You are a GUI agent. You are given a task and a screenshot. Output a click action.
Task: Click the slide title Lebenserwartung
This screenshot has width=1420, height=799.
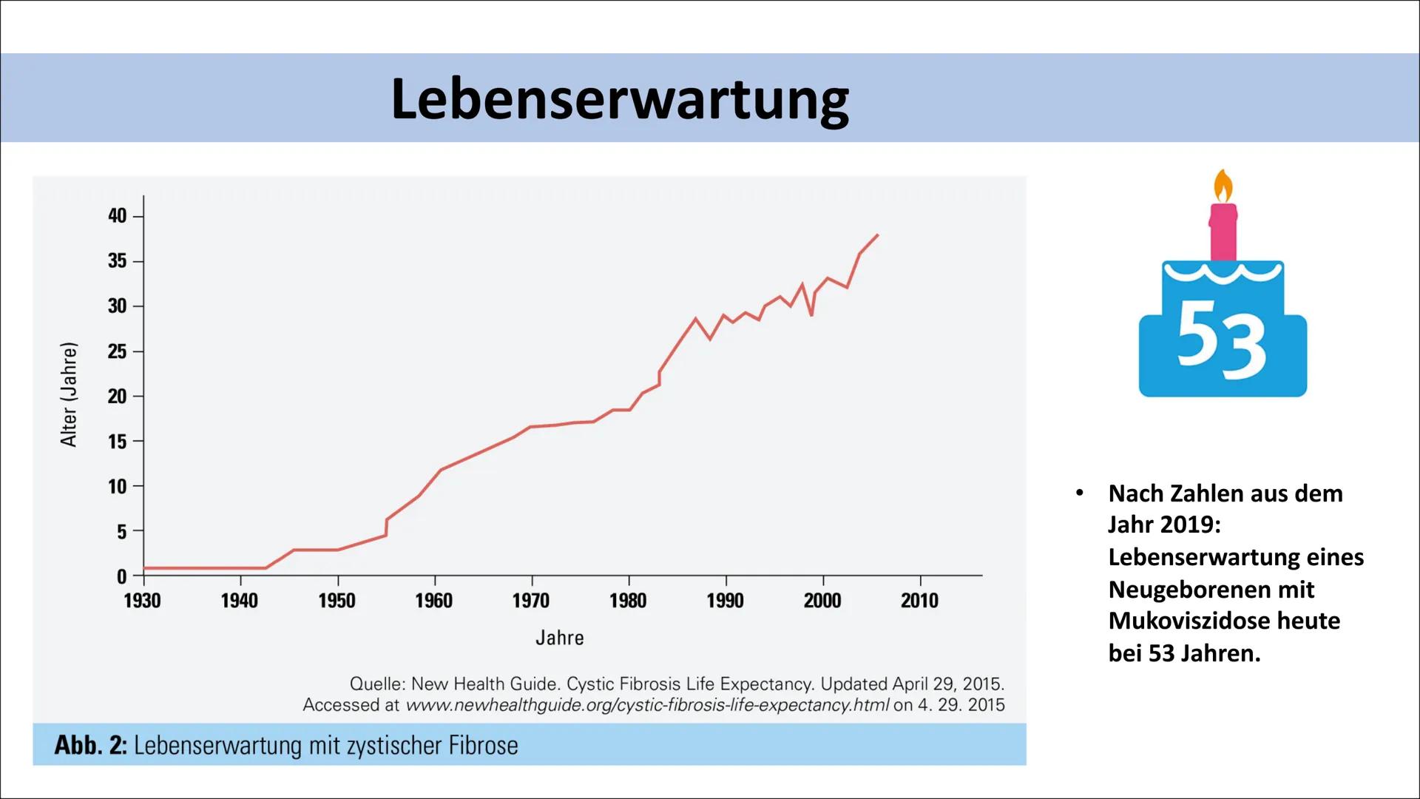620,100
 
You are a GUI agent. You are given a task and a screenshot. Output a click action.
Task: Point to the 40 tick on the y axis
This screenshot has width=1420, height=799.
118,216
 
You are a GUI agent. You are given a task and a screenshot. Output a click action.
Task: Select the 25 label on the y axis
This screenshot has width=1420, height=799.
118,351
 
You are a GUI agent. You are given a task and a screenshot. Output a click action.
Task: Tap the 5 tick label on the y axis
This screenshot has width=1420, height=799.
121,532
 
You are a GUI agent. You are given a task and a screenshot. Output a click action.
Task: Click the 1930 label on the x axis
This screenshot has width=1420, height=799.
143,601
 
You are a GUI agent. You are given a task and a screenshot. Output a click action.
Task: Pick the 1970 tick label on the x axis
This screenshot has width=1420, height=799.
531,601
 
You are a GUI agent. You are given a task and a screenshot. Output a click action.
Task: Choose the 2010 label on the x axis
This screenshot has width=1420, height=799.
919,601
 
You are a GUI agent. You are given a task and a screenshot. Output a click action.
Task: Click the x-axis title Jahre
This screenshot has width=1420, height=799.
560,638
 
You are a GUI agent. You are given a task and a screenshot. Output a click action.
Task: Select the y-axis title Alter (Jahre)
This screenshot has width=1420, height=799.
69,394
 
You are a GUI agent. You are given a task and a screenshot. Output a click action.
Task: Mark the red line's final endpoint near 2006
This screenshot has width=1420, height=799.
877,235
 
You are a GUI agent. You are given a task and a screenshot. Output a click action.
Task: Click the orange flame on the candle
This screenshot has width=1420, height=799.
1223,186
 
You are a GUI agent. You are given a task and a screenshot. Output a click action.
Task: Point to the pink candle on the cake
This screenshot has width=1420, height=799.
1223,232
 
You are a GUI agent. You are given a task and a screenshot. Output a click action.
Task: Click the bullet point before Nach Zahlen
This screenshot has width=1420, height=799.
1080,493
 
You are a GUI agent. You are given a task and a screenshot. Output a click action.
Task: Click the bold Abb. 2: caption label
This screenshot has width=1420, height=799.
90,745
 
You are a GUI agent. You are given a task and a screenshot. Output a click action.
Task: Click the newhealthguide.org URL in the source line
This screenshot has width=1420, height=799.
647,705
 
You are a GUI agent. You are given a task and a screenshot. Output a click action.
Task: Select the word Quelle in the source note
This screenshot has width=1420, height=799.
376,684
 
